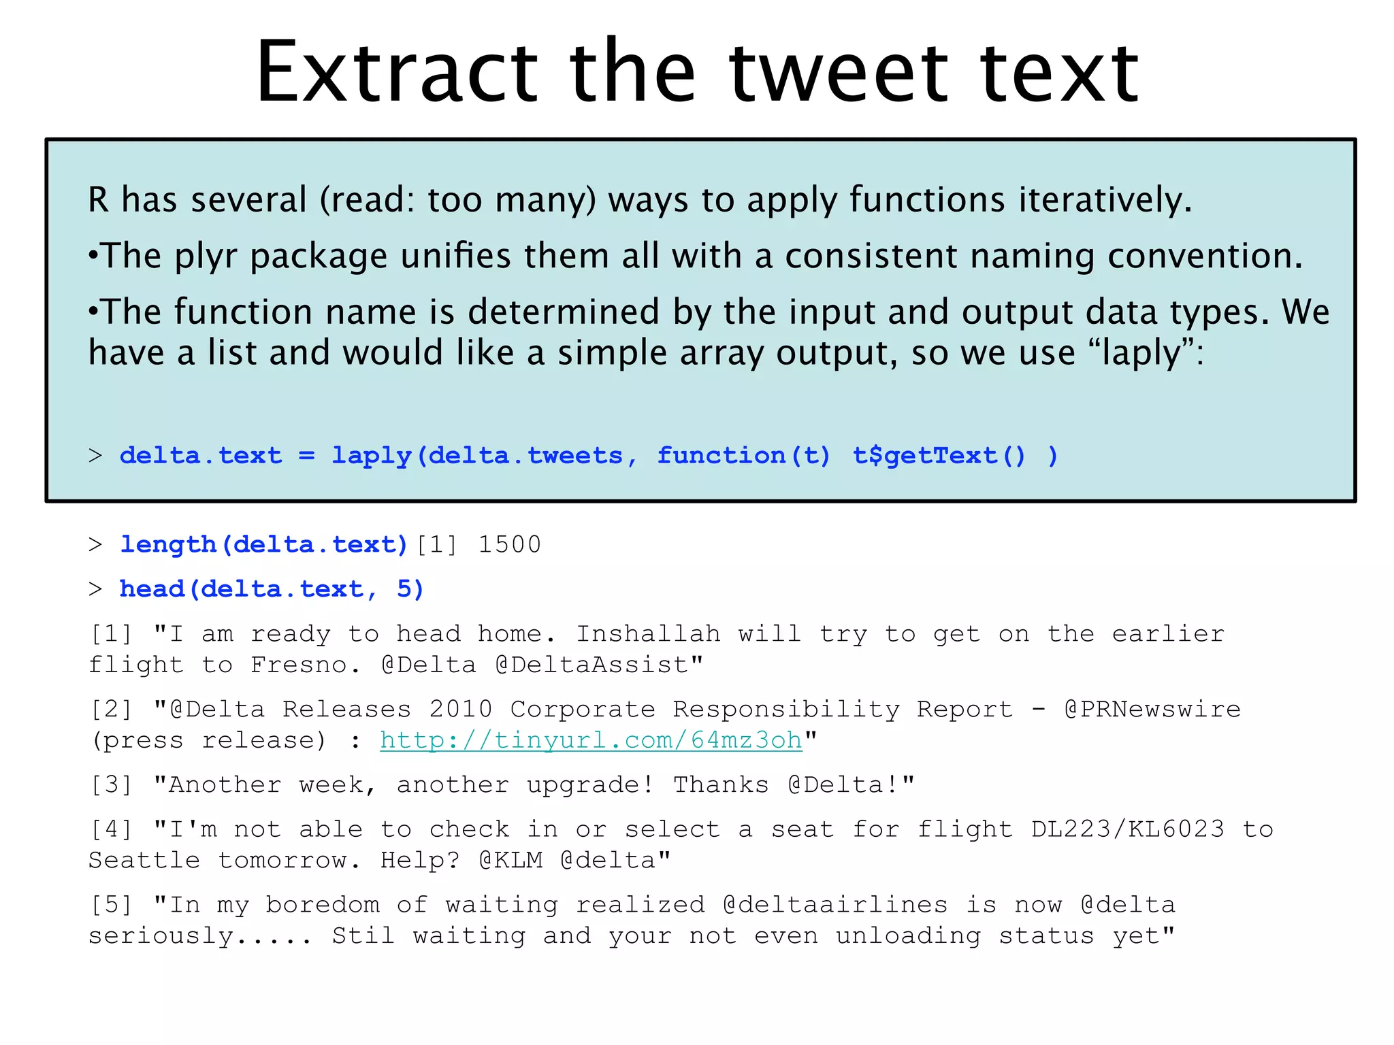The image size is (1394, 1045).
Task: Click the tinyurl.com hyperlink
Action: [x=591, y=740]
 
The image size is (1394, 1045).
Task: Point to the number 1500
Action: [x=509, y=545]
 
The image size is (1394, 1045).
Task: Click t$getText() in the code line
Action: [x=939, y=456]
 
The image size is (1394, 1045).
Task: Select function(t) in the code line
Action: [x=743, y=456]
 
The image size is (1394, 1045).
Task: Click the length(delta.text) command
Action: [x=263, y=545]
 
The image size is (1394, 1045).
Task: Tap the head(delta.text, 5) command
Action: [x=272, y=589]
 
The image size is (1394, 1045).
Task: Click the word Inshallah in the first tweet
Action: [x=648, y=634]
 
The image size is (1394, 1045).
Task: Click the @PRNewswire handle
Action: [x=1152, y=710]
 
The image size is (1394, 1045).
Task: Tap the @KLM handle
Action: [x=510, y=861]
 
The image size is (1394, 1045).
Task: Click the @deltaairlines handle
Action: [x=835, y=905]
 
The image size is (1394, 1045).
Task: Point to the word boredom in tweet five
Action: [x=323, y=905]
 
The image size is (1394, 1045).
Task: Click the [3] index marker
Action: [x=111, y=785]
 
